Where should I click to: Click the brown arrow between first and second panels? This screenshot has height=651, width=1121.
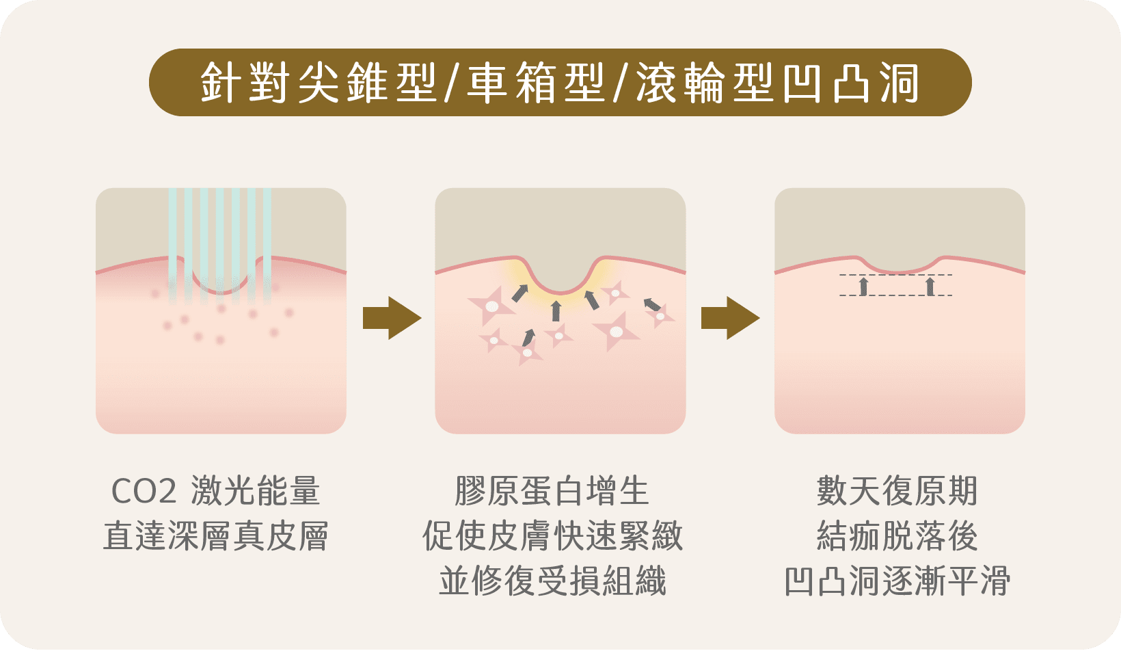click(x=391, y=318)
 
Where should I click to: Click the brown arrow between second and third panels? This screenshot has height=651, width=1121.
click(x=730, y=318)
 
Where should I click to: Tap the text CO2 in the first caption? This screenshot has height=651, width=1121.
click(x=144, y=492)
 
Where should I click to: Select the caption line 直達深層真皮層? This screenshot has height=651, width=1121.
click(x=216, y=537)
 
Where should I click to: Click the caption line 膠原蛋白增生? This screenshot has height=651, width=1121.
click(x=552, y=492)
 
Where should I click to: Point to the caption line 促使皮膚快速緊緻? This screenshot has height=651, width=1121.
click(x=552, y=537)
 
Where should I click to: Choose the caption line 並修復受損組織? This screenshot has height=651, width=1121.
click(x=552, y=582)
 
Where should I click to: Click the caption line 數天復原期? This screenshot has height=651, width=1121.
click(x=897, y=492)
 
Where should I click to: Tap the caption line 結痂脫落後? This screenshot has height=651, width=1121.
click(x=897, y=537)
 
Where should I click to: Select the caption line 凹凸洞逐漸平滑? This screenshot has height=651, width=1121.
click(x=897, y=582)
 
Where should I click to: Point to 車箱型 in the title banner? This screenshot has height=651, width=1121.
click(x=537, y=83)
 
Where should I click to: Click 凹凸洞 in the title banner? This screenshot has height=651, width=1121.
click(x=852, y=83)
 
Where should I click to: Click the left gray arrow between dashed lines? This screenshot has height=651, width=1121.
click(x=863, y=286)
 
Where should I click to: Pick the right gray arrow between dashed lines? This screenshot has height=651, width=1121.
click(x=930, y=286)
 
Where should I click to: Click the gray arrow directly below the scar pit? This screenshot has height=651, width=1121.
click(x=556, y=310)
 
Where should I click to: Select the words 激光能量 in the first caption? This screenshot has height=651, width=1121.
click(x=256, y=492)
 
